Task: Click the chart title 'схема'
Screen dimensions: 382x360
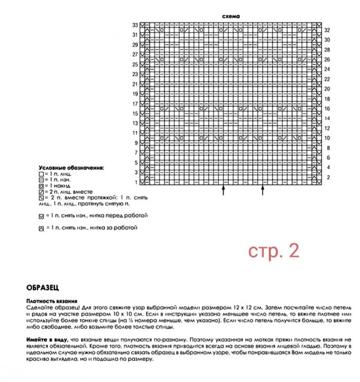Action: pyautogui.click(x=230, y=16)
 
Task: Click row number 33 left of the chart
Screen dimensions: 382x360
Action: pyautogui.click(x=135, y=25)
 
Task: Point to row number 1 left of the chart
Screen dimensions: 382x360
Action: pyautogui.click(x=136, y=182)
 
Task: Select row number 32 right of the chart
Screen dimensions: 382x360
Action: pyautogui.click(x=327, y=30)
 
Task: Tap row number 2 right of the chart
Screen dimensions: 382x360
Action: pyautogui.click(x=327, y=177)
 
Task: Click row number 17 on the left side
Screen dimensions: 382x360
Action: pyautogui.click(x=135, y=104)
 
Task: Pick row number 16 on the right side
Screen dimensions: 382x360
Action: pyautogui.click(x=327, y=109)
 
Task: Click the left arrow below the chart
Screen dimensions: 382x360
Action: pyautogui.click(x=223, y=190)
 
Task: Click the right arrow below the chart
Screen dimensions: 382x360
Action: pyautogui.click(x=263, y=190)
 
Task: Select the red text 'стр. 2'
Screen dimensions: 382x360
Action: pyautogui.click(x=273, y=251)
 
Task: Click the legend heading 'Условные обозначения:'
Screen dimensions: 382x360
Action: pyautogui.click(x=71, y=167)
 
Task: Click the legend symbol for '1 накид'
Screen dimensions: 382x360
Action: pyautogui.click(x=41, y=185)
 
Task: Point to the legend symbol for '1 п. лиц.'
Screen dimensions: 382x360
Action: pyautogui.click(x=41, y=173)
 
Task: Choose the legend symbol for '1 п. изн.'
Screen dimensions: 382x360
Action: pyautogui.click(x=41, y=179)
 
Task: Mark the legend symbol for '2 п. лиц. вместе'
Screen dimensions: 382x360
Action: pyautogui.click(x=41, y=192)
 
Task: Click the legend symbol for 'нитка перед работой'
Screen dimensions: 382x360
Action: pyautogui.click(x=41, y=215)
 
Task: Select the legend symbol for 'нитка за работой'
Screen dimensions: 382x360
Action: pyautogui.click(x=41, y=228)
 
